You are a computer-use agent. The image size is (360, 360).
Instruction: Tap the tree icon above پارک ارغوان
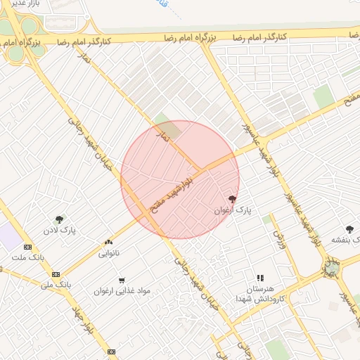click(233, 199)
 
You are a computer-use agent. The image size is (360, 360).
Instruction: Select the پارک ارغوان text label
click(232, 210)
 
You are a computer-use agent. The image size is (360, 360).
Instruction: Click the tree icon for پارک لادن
click(59, 219)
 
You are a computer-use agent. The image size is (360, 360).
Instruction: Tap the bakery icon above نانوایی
click(108, 241)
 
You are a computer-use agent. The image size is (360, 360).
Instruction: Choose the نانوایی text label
click(108, 252)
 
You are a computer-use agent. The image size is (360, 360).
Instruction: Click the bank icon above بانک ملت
click(27, 247)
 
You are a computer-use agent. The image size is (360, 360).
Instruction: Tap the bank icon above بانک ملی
click(56, 274)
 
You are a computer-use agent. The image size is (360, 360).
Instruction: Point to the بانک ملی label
click(56, 285)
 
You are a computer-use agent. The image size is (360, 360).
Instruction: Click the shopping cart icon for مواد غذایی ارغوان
click(122, 281)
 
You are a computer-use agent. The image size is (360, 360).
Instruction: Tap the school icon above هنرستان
click(260, 278)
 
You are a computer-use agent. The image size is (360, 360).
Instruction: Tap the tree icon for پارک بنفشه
click(350, 229)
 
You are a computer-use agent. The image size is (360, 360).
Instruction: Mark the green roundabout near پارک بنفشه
click(331, 268)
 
